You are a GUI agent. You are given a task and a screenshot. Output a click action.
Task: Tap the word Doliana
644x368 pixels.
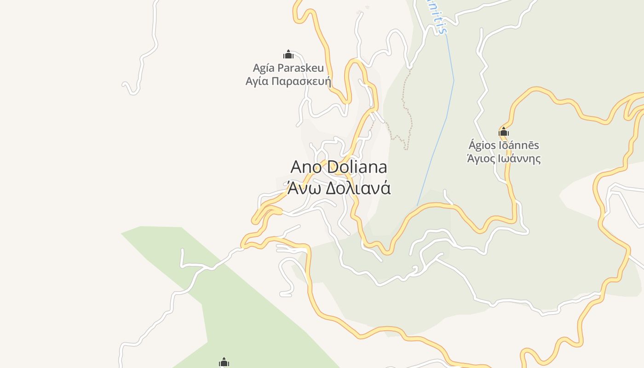[357, 167]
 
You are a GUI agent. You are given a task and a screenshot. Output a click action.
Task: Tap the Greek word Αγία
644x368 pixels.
[256, 81]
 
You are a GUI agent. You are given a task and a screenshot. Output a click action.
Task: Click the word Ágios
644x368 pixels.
[482, 145]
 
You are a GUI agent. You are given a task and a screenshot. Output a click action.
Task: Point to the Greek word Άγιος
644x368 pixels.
[480, 159]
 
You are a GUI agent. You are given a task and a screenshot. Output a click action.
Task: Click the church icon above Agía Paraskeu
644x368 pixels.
[288, 55]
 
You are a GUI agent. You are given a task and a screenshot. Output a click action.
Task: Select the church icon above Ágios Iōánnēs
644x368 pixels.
[504, 132]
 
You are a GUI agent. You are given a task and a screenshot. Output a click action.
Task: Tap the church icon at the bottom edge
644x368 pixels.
[224, 362]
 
